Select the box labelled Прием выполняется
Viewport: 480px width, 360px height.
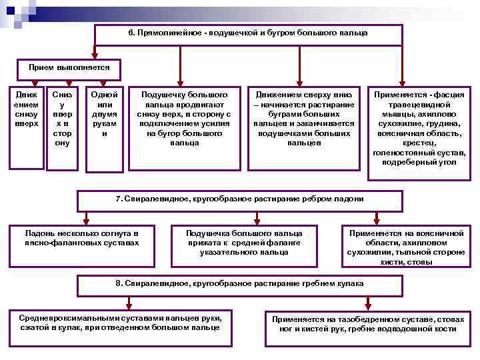(x=64, y=68)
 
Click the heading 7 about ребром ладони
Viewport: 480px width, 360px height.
(x=240, y=200)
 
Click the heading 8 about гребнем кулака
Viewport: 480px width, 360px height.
(x=240, y=285)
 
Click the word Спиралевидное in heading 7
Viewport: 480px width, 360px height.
(x=149, y=199)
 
